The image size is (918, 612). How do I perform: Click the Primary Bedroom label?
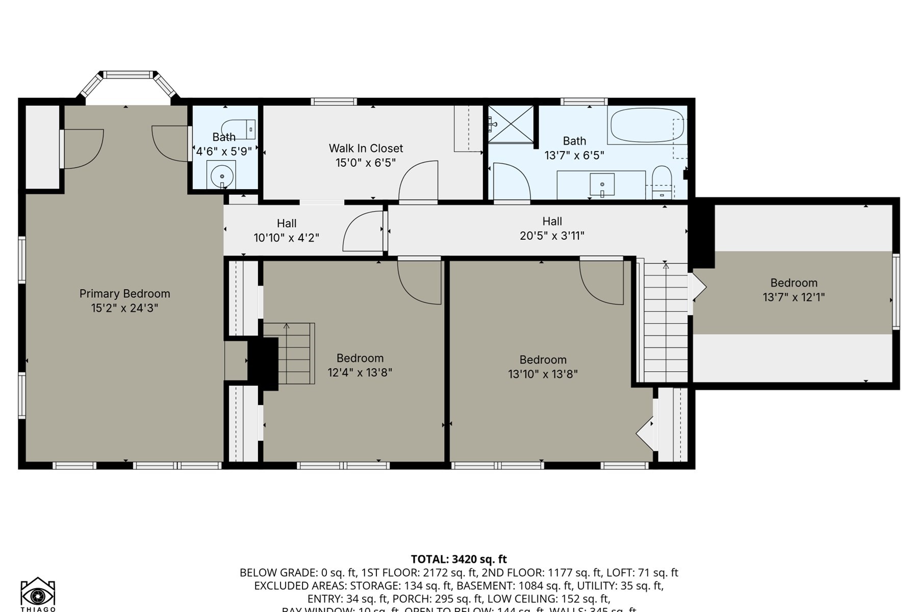[124, 294]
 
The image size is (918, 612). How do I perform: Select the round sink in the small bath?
[222, 176]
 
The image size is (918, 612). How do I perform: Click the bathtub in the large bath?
[647, 125]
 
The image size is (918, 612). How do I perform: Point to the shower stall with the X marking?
[511, 124]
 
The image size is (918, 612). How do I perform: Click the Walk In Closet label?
[366, 148]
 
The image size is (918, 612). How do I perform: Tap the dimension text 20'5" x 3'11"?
[552, 236]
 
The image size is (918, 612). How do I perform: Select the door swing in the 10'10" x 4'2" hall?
[363, 232]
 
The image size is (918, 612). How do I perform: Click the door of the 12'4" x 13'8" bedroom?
[419, 282]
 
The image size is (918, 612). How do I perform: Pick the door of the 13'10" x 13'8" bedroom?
[602, 282]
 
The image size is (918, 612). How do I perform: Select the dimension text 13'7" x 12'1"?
[794, 297]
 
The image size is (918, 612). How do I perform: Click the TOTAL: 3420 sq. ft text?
[458, 559]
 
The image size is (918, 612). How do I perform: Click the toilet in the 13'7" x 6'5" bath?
[662, 180]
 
